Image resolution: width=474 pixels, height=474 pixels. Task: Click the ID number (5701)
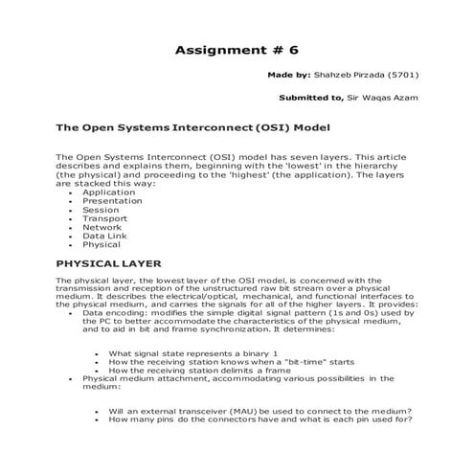[405, 74]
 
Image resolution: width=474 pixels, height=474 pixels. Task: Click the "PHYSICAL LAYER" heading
[107, 262]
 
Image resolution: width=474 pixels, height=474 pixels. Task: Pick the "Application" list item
[109, 192]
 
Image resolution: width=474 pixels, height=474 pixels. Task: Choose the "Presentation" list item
[113, 201]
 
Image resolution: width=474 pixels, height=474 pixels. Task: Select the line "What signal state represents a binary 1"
[186, 353]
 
